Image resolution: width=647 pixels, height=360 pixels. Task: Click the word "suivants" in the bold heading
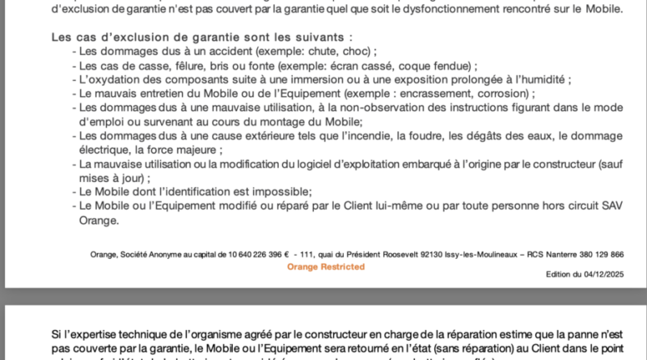[326, 37]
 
